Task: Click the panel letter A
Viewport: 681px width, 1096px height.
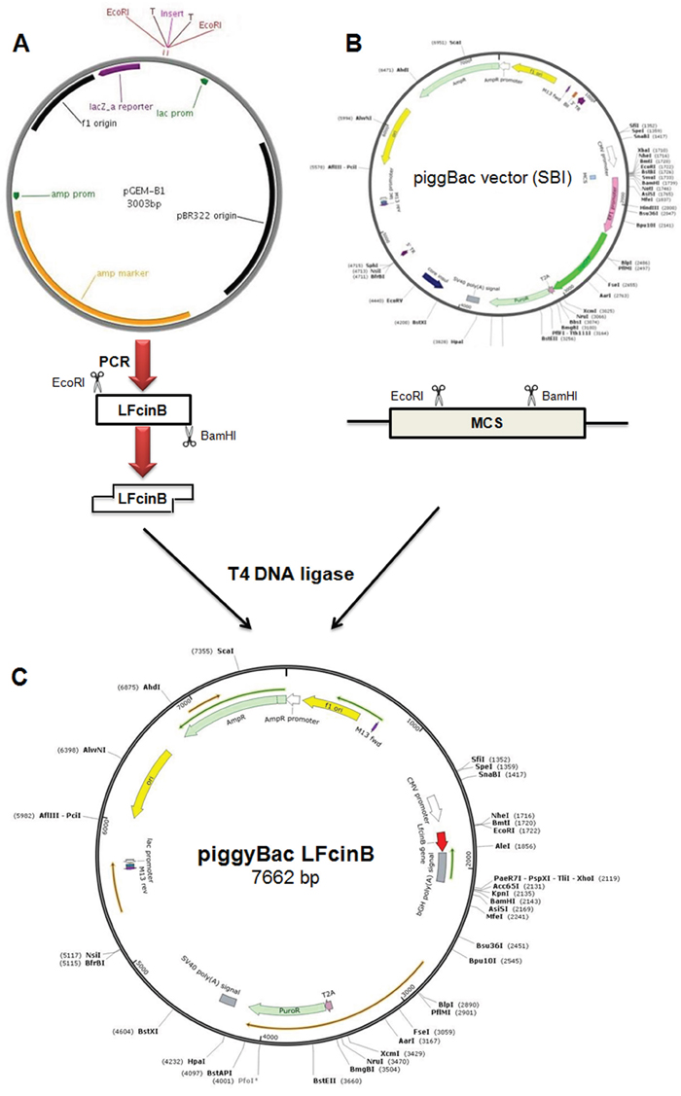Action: [x=27, y=43]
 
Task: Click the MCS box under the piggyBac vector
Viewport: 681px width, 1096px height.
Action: [x=486, y=426]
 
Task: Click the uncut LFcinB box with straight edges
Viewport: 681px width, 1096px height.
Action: [x=142, y=408]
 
